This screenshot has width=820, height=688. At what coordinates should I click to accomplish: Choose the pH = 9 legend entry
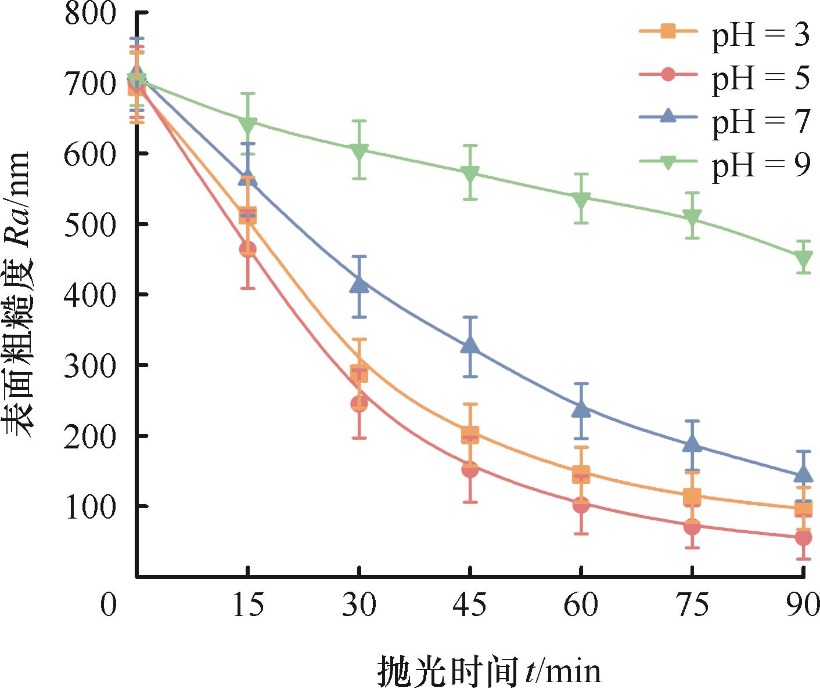(x=726, y=164)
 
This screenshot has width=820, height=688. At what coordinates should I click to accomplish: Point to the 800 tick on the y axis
(x=91, y=13)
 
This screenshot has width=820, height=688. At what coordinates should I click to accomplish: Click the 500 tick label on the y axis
(x=91, y=224)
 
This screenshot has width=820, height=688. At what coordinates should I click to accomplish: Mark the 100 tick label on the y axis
(x=91, y=507)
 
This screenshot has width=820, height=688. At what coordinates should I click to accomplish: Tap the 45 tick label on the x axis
(x=470, y=604)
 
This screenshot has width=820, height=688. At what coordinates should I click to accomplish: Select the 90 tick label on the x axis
(x=803, y=604)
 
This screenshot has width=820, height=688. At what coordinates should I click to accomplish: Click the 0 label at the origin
(x=109, y=604)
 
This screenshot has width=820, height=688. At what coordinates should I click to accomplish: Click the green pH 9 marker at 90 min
(x=804, y=258)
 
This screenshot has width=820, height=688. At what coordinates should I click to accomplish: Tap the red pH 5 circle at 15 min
(x=248, y=249)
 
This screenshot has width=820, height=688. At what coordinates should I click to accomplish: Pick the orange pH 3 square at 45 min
(x=470, y=434)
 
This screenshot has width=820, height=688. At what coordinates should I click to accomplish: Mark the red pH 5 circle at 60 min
(x=581, y=505)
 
